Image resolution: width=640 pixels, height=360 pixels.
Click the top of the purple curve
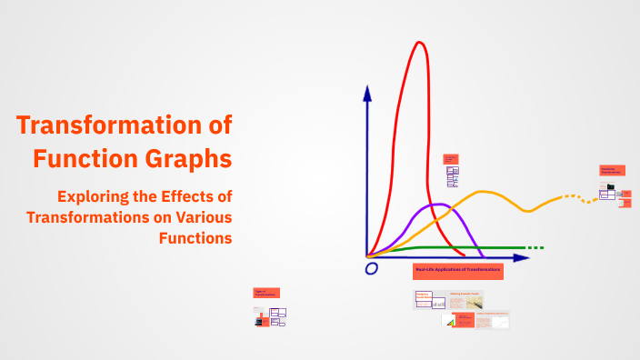click(439, 205)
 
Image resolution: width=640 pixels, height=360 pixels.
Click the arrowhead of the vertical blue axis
click(367, 92)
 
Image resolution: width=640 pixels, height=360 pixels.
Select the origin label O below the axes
click(371, 269)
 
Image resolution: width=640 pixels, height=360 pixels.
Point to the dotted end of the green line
click(535, 247)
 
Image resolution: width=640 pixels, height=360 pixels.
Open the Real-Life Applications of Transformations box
click(458, 270)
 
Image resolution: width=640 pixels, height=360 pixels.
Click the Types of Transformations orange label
click(266, 293)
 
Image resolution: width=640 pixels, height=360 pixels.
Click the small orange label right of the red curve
click(450, 158)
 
